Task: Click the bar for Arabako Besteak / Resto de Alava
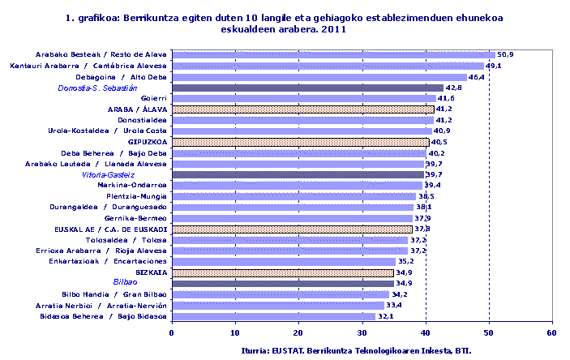tap(332, 55)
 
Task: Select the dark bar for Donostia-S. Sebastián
tap(306, 88)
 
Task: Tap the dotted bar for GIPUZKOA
tap(300, 142)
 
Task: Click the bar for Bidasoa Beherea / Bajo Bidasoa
tap(273, 316)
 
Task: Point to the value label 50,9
tap(505, 55)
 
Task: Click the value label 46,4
tap(477, 77)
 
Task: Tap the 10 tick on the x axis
tap(235, 332)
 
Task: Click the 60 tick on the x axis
tap(551, 332)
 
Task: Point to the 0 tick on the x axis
tap(172, 332)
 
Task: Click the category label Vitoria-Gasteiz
tap(108, 174)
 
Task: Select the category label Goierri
tap(154, 98)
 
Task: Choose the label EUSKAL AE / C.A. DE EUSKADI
tap(118, 229)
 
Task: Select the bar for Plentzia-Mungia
tap(294, 196)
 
